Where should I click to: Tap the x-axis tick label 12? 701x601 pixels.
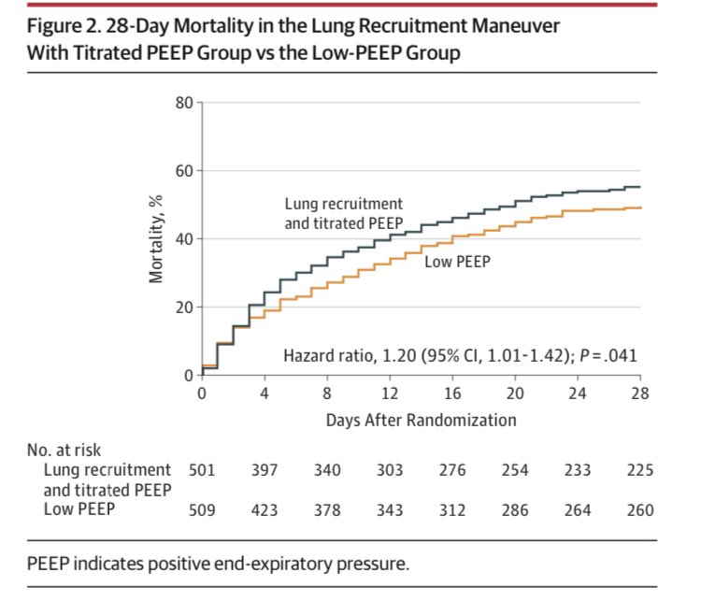[x=389, y=394]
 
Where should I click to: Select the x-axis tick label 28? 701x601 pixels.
[x=640, y=394]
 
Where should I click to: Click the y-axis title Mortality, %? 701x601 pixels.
[x=156, y=238]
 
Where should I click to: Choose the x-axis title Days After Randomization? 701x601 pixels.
[x=421, y=421]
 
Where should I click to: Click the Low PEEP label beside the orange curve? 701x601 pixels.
[x=457, y=263]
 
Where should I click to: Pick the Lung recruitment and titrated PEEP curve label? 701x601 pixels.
[x=344, y=213]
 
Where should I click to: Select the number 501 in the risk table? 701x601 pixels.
[x=202, y=470]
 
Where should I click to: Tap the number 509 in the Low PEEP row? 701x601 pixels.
[x=202, y=510]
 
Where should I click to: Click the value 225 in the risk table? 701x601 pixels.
[x=640, y=470]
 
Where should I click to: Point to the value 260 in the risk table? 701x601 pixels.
[x=640, y=510]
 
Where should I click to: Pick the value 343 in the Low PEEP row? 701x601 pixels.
[x=389, y=510]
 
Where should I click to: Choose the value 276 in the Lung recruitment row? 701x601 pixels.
[x=452, y=470]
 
